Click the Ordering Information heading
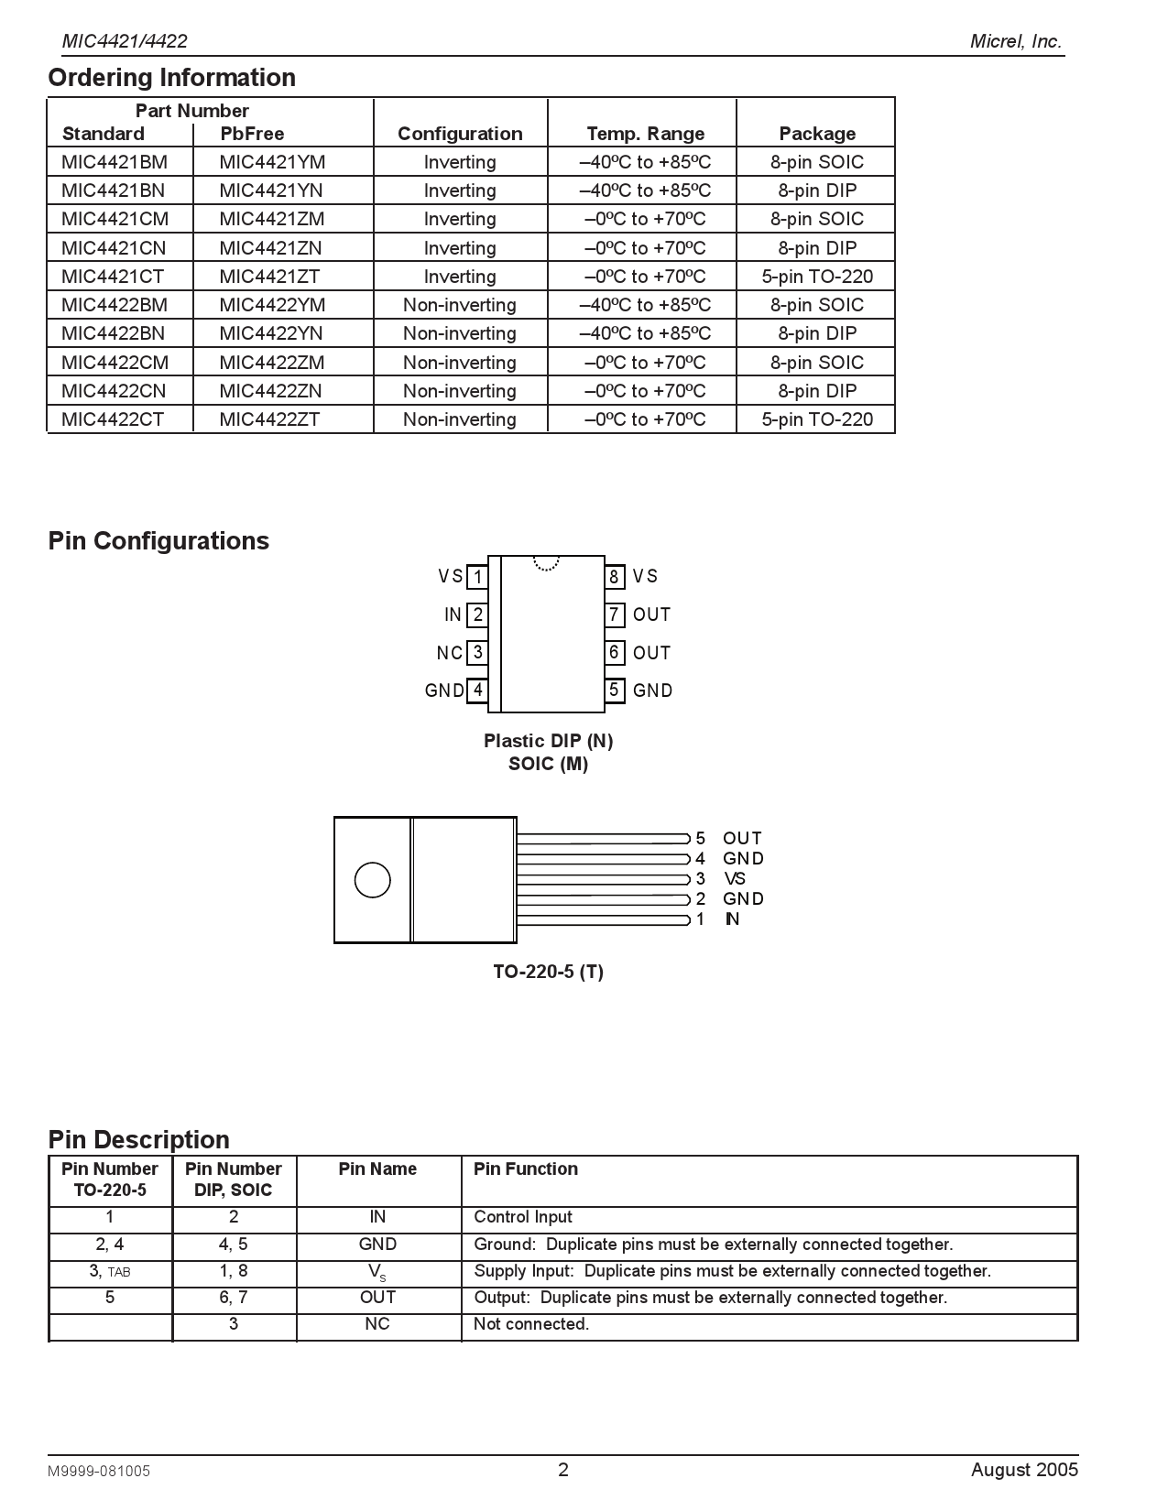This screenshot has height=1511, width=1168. click(171, 78)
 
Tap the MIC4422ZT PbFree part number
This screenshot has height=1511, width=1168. click(269, 419)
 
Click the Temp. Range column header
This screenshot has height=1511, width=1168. click(645, 134)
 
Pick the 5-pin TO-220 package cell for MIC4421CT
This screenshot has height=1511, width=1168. click(817, 277)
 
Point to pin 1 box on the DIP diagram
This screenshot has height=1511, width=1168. click(477, 577)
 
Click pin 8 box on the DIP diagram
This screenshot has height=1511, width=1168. click(614, 577)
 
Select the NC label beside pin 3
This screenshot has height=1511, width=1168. click(449, 653)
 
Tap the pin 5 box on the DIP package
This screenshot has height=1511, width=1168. click(614, 690)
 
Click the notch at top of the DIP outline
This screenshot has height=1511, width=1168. click(546, 563)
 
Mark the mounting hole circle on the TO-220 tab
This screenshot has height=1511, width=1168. click(372, 880)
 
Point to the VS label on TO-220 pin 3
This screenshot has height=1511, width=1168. click(735, 879)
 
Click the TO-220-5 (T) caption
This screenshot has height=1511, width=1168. click(548, 972)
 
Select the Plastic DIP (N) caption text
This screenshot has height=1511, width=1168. click(548, 741)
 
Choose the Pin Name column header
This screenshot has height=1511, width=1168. click(377, 1169)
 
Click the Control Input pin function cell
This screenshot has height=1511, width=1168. click(522, 1217)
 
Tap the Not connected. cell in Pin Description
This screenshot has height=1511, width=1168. click(530, 1324)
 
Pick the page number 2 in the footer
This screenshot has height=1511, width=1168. click(563, 1470)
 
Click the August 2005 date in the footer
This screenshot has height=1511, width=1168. click(1024, 1470)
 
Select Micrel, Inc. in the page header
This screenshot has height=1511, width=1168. click(1016, 41)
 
